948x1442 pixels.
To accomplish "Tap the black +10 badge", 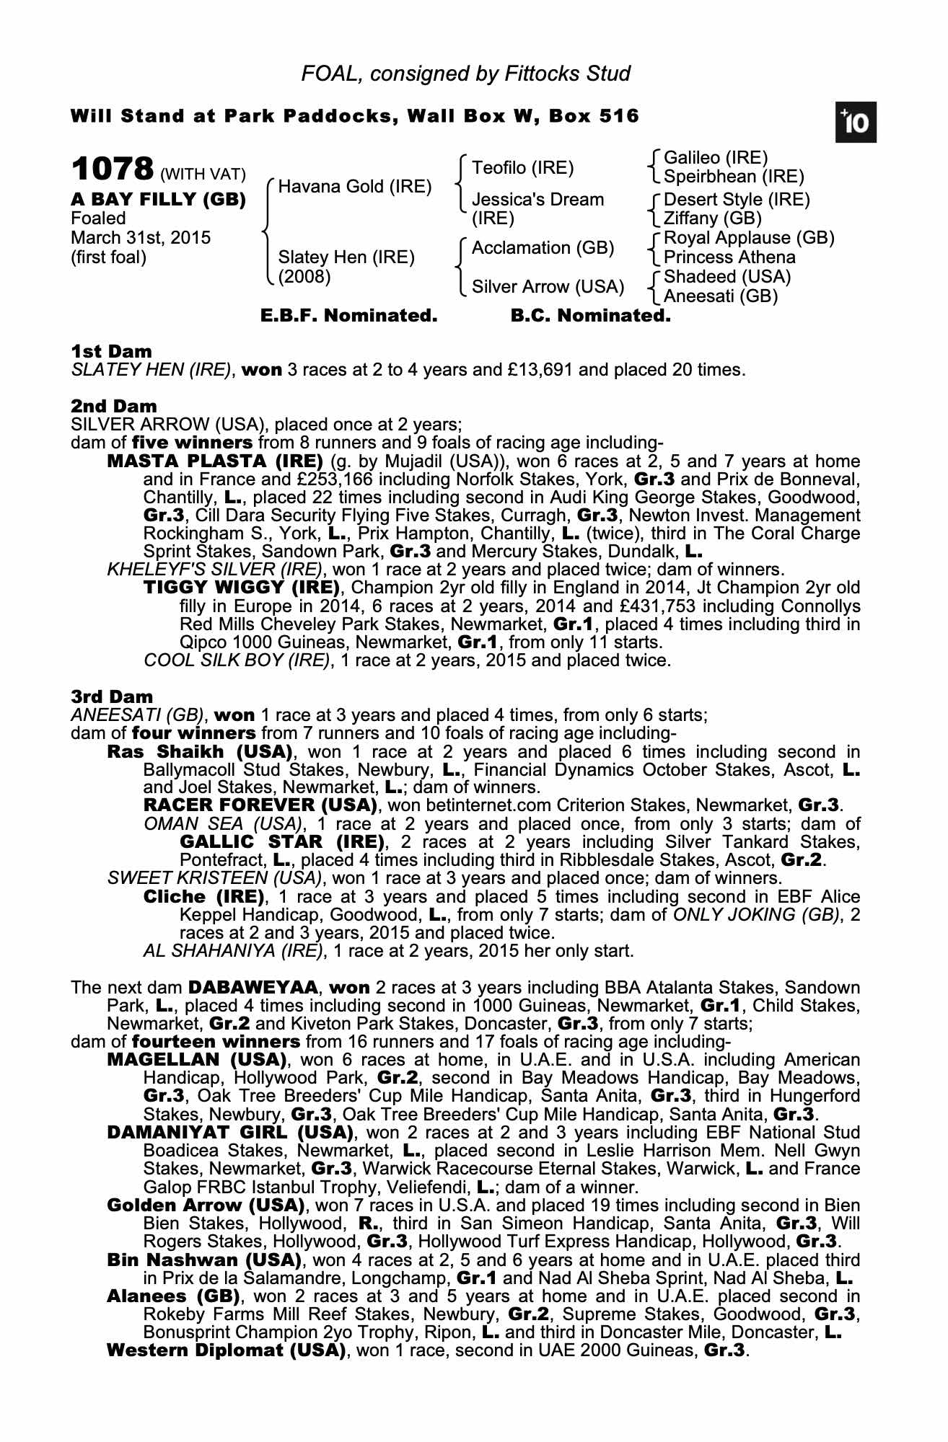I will [856, 123].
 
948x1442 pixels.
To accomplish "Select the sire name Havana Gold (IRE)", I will [354, 187].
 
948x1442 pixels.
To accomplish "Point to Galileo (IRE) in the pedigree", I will [715, 158].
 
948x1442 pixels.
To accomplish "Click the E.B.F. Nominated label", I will [348, 316].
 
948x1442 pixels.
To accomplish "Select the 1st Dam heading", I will [112, 352].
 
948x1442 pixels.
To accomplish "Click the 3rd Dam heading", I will [112, 696].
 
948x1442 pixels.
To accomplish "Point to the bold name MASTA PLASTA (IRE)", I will [214, 461].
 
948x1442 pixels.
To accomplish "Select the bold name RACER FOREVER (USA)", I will [260, 805].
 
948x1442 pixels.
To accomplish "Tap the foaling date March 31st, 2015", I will [141, 238].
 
